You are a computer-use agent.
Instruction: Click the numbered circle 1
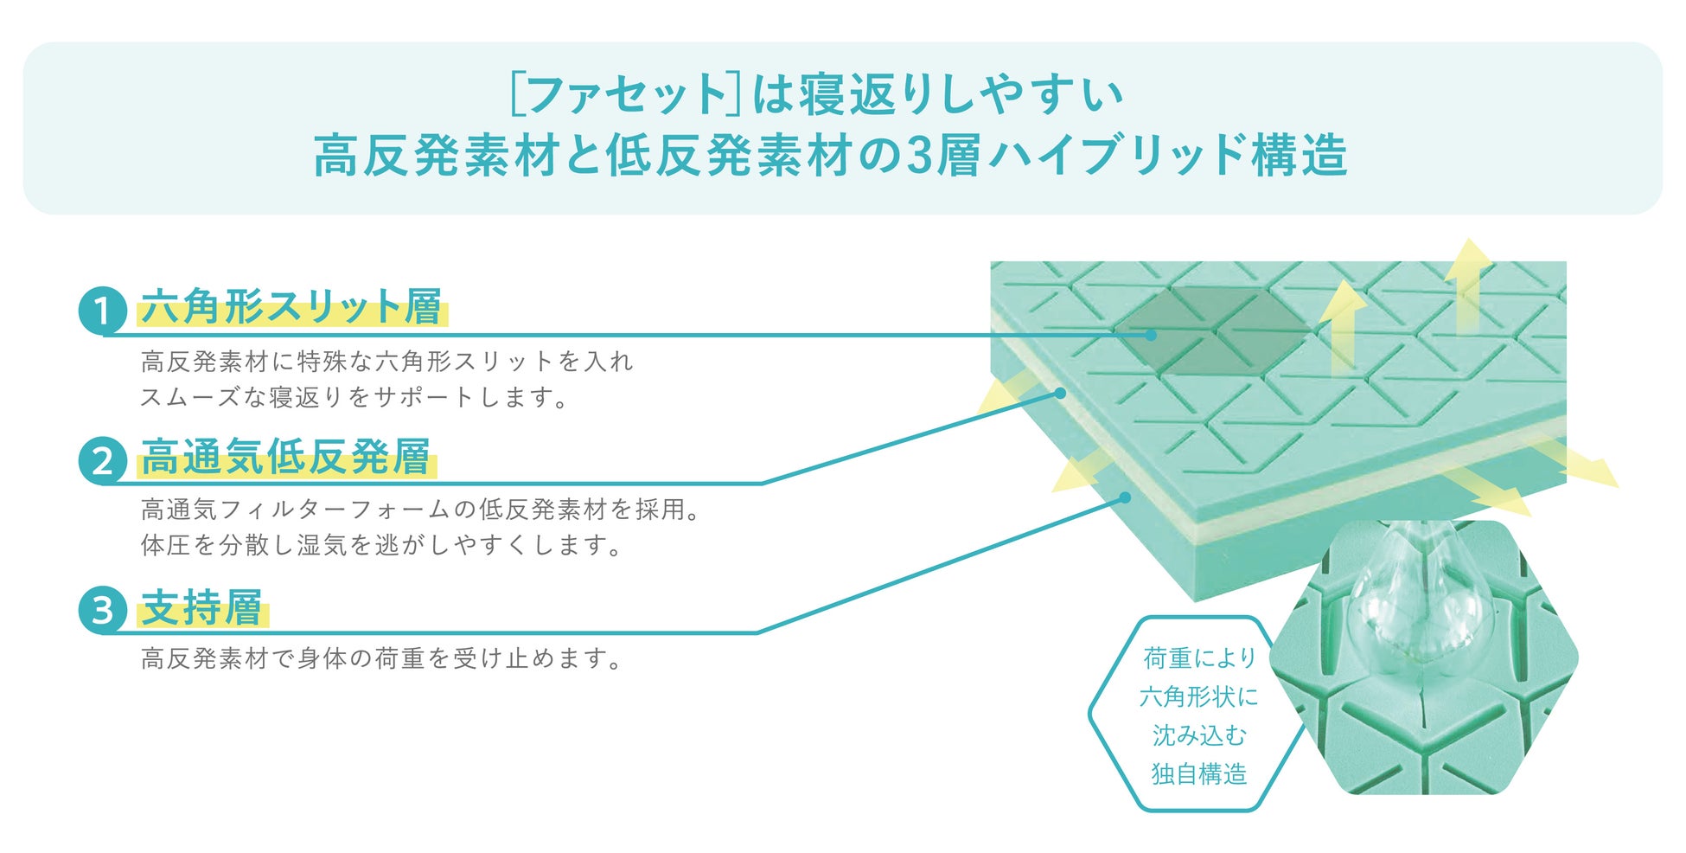[102, 311]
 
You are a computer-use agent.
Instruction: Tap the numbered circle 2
[102, 460]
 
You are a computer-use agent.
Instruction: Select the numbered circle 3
[102, 609]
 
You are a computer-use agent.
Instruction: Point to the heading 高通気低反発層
[286, 457]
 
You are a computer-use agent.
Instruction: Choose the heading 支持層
[202, 606]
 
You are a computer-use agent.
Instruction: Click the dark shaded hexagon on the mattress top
[1215, 331]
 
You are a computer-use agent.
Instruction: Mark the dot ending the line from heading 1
[1151, 335]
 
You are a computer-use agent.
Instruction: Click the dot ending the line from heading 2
[1060, 393]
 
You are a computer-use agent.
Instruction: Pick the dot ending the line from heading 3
[1125, 497]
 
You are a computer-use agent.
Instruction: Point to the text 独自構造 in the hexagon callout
[1199, 773]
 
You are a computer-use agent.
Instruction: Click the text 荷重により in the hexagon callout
[1199, 658]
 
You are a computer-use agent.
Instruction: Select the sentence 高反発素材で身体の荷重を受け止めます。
[381, 659]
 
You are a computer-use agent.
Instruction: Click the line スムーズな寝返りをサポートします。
[354, 397]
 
